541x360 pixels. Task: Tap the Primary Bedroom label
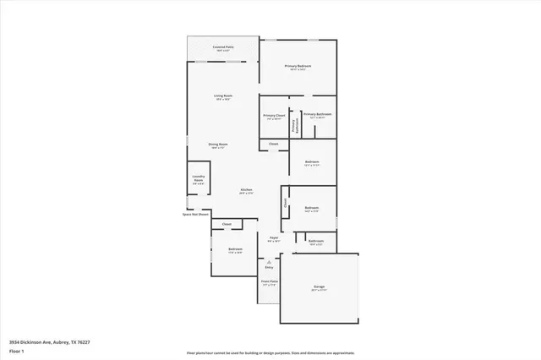pyautogui.click(x=298, y=66)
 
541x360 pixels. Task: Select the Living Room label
pyautogui.click(x=222, y=96)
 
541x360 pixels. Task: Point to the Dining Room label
pyautogui.click(x=218, y=145)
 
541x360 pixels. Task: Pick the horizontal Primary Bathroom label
pyautogui.click(x=317, y=114)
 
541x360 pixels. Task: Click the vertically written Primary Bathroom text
pyautogui.click(x=295, y=125)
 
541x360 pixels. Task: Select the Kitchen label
pyautogui.click(x=246, y=190)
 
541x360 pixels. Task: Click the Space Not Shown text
pyautogui.click(x=195, y=215)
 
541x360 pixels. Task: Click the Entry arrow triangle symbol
pyautogui.click(x=269, y=262)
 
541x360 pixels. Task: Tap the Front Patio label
pyautogui.click(x=270, y=281)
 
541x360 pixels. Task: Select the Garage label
pyautogui.click(x=319, y=286)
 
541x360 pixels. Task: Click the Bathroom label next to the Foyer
pyautogui.click(x=316, y=242)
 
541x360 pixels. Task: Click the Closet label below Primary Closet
pyautogui.click(x=274, y=145)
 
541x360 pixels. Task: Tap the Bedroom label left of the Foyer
pyautogui.click(x=235, y=249)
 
